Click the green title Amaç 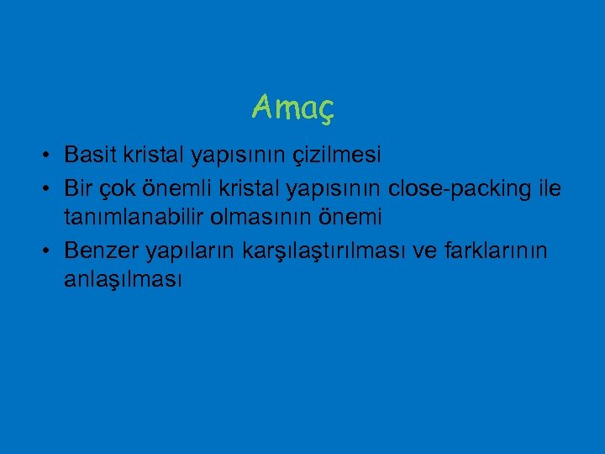point(292,107)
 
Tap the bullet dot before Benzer point(51,251)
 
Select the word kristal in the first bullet point(155,156)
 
